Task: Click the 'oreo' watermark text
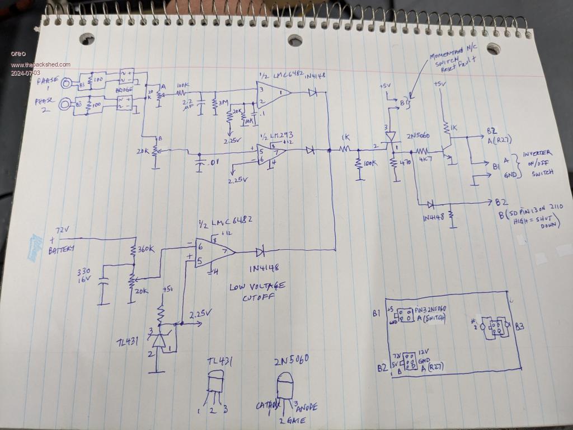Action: pyautogui.click(x=18, y=54)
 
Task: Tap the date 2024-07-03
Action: pyautogui.click(x=25, y=73)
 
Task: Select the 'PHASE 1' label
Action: pyautogui.click(x=48, y=83)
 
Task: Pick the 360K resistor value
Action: pyautogui.click(x=146, y=250)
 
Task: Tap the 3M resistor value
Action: pyautogui.click(x=223, y=104)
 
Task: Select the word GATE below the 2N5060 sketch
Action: pyautogui.click(x=292, y=420)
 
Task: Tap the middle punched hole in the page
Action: pyautogui.click(x=295, y=40)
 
